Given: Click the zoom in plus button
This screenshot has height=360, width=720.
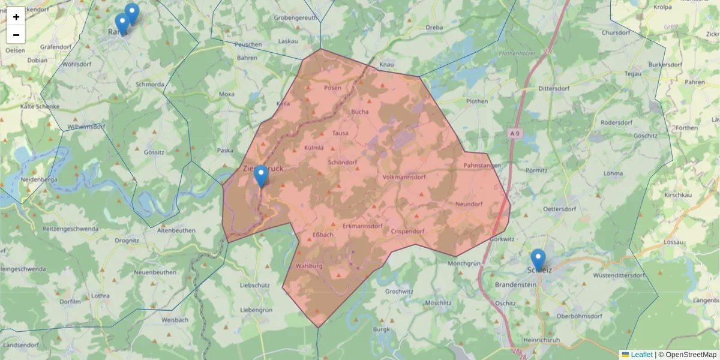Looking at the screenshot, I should click(16, 17).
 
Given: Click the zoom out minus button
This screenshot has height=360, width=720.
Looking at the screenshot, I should click(16, 35).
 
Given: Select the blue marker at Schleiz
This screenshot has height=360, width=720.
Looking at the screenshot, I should click(538, 260).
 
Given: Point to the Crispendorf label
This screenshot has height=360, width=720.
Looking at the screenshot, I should click(407, 232).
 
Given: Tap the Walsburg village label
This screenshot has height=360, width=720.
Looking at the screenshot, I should click(310, 266).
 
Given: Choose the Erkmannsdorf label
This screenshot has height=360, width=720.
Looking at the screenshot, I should click(362, 226).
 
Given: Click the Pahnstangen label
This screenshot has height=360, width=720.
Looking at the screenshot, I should click(482, 165).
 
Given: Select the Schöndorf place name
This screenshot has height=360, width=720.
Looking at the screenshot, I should click(343, 163).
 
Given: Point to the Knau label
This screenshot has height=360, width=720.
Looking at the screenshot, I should click(386, 64).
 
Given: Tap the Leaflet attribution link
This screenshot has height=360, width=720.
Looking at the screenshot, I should click(641, 355).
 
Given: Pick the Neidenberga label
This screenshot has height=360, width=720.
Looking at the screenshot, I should click(38, 179).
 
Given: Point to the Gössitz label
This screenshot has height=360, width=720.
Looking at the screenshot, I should click(154, 152).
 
